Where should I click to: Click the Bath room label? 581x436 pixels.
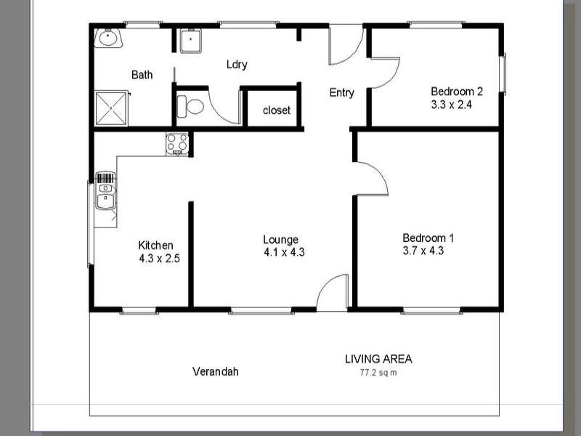point(142,74)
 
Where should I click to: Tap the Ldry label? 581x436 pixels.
point(237,64)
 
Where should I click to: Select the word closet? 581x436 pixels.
point(276,110)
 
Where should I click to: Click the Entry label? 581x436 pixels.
point(341,92)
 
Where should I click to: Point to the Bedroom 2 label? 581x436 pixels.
point(457,92)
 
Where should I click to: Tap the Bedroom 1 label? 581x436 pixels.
point(428,238)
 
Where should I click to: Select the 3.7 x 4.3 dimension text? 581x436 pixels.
point(423,251)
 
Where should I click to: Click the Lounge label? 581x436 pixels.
point(280,239)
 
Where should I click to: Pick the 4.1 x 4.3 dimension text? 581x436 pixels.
point(284,252)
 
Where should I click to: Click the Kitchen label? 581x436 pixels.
point(155,245)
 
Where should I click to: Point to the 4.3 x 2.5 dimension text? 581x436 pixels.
point(159,258)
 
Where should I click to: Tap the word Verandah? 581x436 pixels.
point(215,371)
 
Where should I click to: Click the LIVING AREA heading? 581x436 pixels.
point(378,358)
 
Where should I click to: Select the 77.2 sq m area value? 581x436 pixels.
point(378,373)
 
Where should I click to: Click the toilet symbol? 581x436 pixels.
point(192,106)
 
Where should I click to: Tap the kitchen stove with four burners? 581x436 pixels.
point(177,144)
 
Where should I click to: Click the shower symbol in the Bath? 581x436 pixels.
point(111,108)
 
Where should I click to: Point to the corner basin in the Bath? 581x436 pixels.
point(107,38)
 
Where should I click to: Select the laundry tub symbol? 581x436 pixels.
point(190,41)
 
